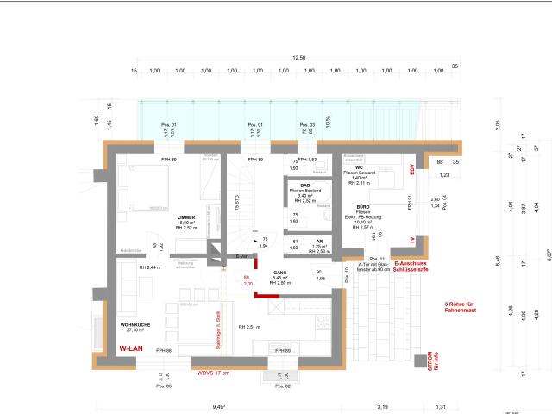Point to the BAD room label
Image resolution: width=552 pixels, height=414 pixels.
[x=305, y=185]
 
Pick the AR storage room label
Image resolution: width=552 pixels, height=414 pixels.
[x=318, y=241]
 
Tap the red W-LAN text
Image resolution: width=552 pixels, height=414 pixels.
[x=131, y=348]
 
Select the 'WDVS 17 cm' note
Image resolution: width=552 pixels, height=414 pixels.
[x=214, y=373]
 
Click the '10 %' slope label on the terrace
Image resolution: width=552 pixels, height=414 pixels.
[x=328, y=119]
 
